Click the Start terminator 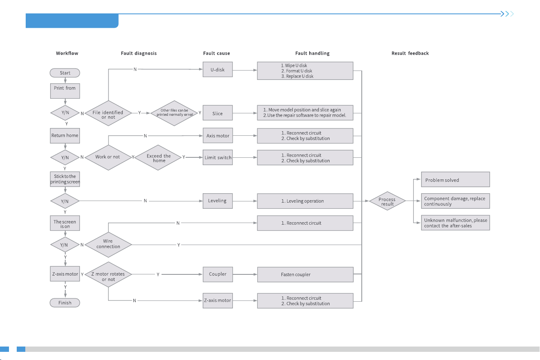click(65, 73)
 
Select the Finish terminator click(65, 303)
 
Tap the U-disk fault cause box click(218, 69)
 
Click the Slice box click(218, 113)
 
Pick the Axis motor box click(218, 135)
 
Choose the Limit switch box click(218, 157)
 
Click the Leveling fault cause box click(218, 201)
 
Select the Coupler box click(218, 274)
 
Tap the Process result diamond click(387, 201)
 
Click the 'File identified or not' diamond click(108, 113)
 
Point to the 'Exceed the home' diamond click(158, 158)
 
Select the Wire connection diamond click(108, 245)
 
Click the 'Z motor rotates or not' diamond click(108, 274)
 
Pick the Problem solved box click(456, 179)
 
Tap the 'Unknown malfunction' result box click(456, 223)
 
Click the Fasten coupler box click(305, 274)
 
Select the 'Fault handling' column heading click(312, 53)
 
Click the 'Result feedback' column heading click(410, 53)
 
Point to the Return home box click(65, 136)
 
